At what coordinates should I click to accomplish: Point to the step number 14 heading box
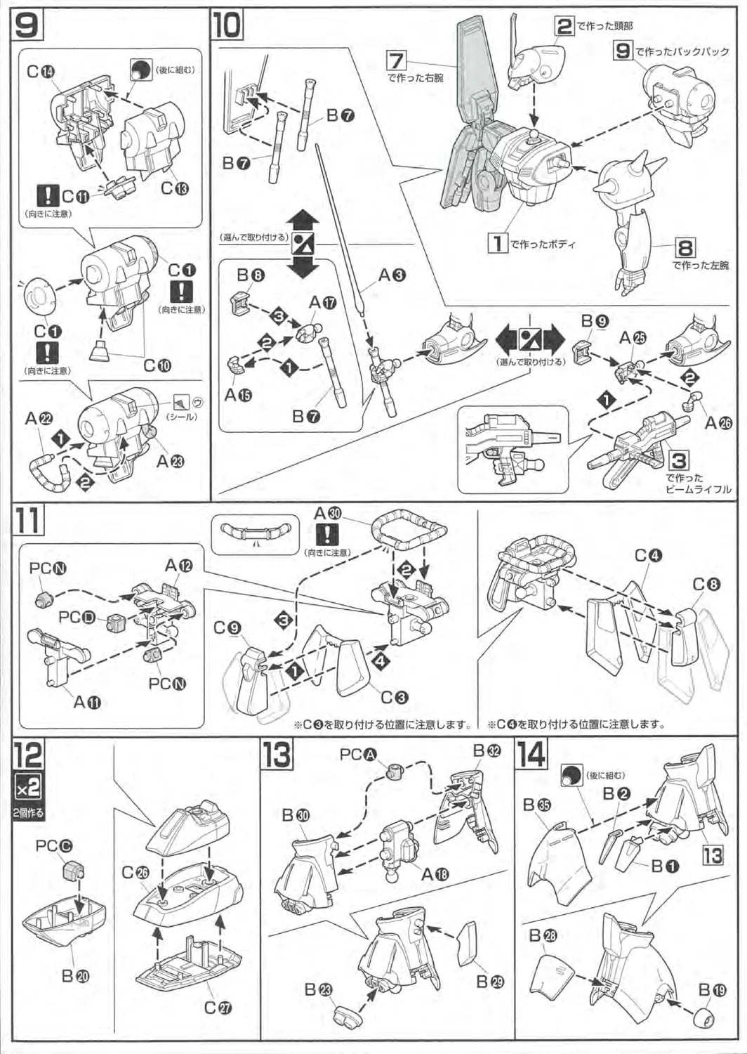click(x=531, y=755)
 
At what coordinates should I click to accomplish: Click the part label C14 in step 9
click(x=41, y=71)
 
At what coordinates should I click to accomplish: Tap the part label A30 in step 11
click(x=327, y=513)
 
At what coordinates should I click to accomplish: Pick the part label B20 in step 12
click(x=76, y=975)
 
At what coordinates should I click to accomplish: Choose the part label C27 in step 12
click(x=219, y=1007)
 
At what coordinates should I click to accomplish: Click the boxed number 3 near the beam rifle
click(x=678, y=460)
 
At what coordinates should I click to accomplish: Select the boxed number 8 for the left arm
click(x=685, y=247)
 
